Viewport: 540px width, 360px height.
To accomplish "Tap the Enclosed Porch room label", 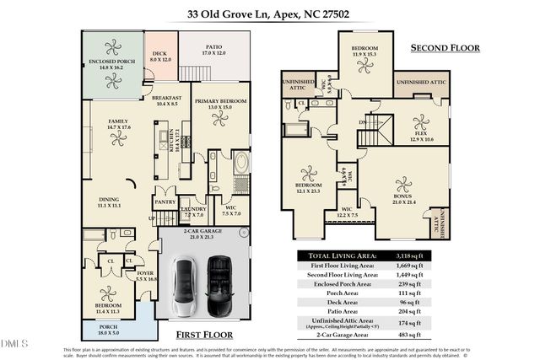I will point(111,64).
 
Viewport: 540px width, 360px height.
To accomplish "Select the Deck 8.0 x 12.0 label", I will point(160,57).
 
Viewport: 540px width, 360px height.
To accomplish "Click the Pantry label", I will point(164,203).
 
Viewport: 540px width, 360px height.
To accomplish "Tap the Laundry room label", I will point(193,211).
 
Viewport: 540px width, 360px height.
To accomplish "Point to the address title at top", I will point(269,14).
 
